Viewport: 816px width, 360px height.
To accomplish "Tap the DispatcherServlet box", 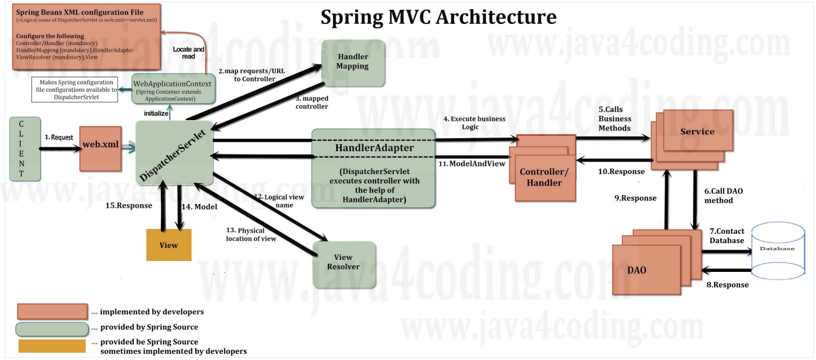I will [x=174, y=153].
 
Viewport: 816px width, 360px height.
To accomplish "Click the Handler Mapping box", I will [x=353, y=62].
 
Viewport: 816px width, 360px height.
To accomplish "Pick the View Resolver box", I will [x=344, y=264].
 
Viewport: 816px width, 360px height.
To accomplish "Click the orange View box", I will [x=169, y=245].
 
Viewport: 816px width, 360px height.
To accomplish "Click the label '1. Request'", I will [x=59, y=138].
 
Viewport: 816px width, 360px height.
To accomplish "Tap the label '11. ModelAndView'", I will [x=472, y=163].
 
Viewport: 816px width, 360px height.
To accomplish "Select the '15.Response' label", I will [x=128, y=206].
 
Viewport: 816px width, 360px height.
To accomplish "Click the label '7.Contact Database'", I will [x=727, y=235].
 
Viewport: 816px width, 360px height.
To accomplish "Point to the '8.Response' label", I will [x=727, y=285].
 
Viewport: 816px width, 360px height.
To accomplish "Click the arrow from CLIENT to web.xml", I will [x=59, y=148].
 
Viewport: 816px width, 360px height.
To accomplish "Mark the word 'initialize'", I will [x=156, y=113].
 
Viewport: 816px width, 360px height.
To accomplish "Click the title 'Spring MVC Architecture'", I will [x=438, y=17].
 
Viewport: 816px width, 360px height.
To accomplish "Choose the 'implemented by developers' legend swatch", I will [x=52, y=311].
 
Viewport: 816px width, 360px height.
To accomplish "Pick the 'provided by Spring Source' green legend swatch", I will [x=52, y=328].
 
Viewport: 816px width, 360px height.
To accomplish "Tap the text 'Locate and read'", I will [x=189, y=53].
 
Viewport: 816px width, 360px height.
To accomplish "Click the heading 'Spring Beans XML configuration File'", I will [x=79, y=12].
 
